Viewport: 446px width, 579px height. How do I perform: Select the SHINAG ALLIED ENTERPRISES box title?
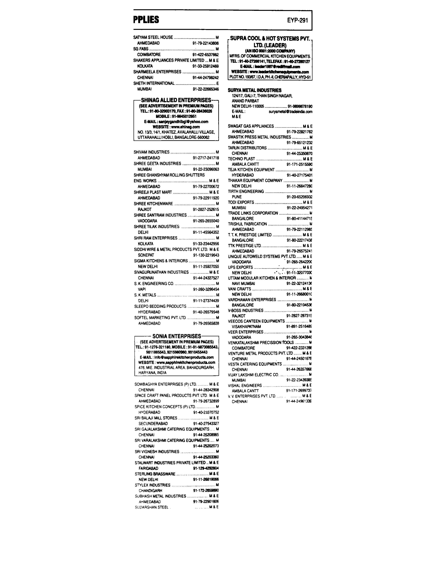(x=176, y=100)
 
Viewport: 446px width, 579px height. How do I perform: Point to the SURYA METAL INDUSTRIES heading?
(x=255, y=90)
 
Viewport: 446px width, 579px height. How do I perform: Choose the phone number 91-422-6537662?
(x=206, y=55)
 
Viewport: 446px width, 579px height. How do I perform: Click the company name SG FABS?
(x=141, y=49)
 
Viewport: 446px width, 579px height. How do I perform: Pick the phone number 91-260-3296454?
(x=206, y=289)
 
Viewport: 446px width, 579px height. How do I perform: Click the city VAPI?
(x=142, y=289)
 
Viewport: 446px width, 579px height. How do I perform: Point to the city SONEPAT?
(x=146, y=255)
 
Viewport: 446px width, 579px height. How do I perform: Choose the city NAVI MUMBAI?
(x=243, y=283)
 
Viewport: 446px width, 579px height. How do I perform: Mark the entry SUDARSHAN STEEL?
(x=152, y=507)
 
